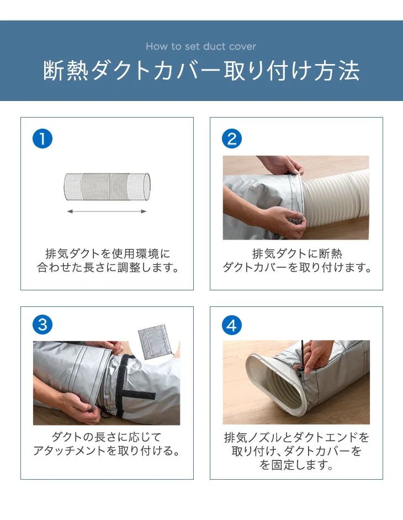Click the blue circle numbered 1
pos(43,139)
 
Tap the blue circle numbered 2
pos(231,139)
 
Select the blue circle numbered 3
pos(43,325)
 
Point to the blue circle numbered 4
pos(231,325)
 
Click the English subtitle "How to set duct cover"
pos(201,46)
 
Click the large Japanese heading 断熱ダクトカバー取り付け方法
pos(201,71)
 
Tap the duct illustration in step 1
pos(107,187)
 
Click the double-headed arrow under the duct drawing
pos(107,211)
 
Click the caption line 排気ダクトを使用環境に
pos(108,254)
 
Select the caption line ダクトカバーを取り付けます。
pos(297,267)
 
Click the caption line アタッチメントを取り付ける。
pos(107,450)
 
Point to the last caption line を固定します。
pos(296,465)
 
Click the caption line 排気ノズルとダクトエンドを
pos(296,438)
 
